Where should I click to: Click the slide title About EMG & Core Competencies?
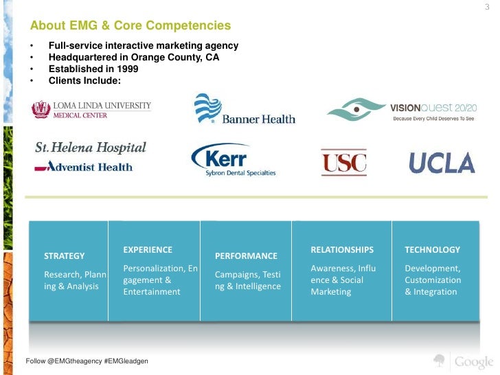[130, 26]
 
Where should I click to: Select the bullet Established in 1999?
[93, 69]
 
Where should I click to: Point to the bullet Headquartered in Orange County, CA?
[134, 58]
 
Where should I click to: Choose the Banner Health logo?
[245, 110]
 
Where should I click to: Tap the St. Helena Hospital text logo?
[91, 147]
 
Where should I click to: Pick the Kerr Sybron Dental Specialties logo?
[233, 161]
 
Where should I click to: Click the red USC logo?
[343, 163]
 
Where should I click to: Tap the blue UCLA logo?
[442, 163]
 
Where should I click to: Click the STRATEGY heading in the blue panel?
[65, 255]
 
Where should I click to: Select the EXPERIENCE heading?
[148, 249]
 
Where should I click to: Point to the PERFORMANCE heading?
[246, 255]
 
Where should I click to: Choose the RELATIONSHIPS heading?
[342, 249]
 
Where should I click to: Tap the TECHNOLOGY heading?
[432, 249]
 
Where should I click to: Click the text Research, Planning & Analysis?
[75, 280]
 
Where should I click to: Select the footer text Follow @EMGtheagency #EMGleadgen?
[87, 361]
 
